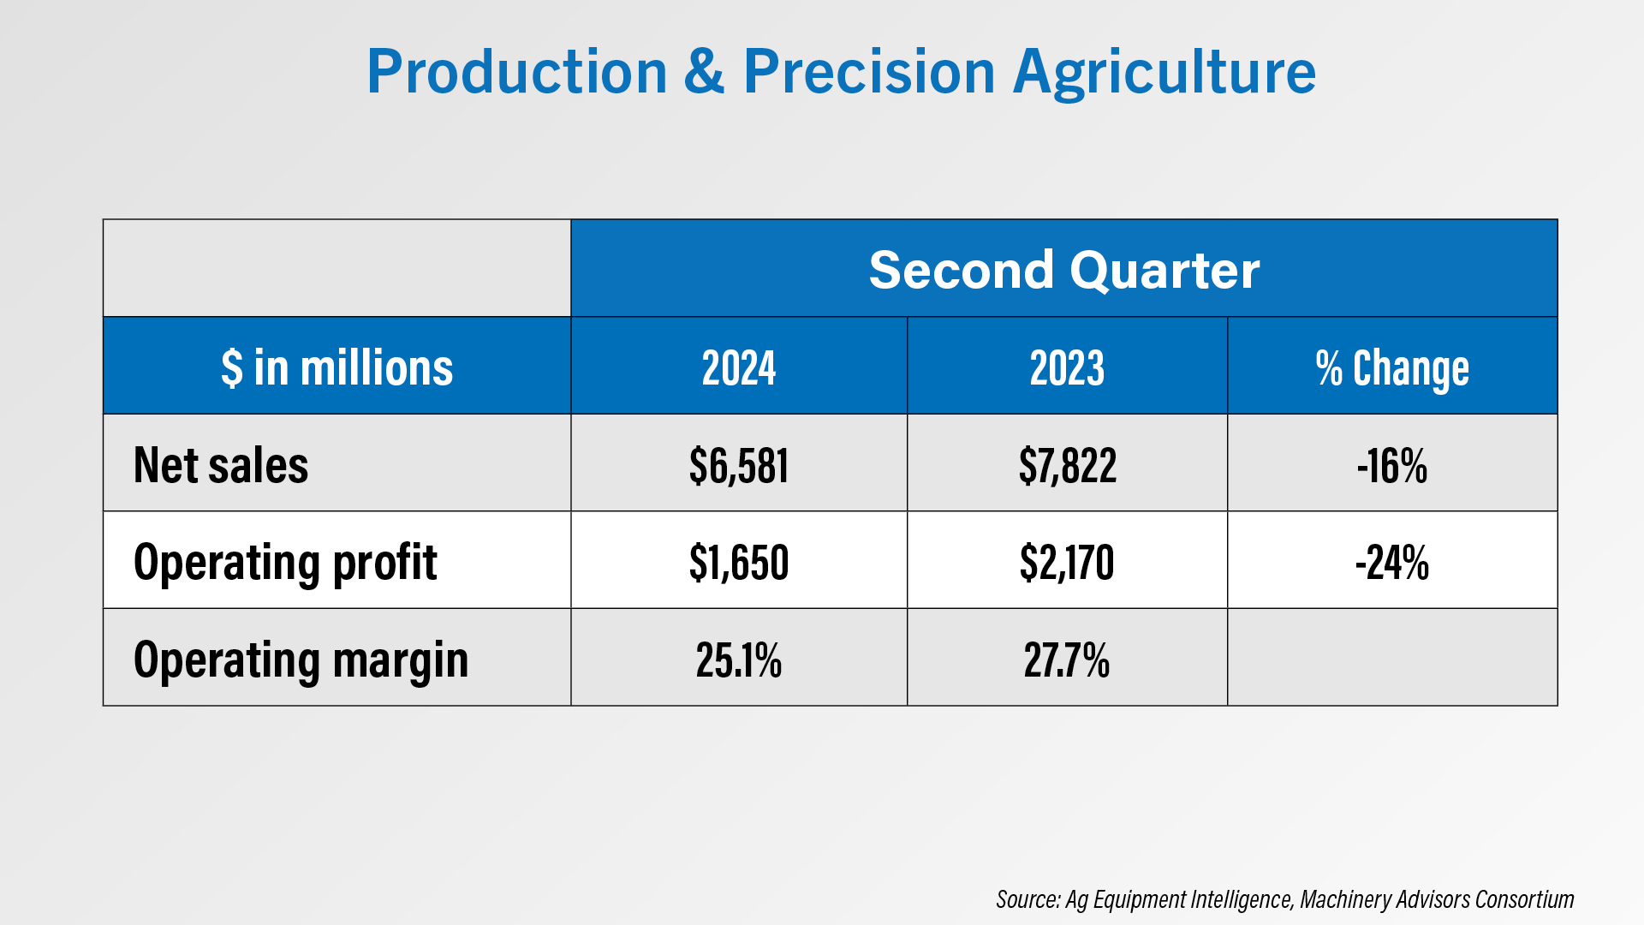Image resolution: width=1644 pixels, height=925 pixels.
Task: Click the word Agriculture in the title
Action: coord(1164,72)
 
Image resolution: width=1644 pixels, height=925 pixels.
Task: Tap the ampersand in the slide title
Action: coord(704,72)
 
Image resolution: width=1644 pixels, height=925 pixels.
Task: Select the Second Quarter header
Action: coord(1063,270)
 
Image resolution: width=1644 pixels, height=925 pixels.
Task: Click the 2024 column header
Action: coord(739,368)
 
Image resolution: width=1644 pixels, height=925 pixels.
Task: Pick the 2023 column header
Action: coord(1067,368)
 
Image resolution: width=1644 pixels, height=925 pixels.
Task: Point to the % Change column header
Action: coord(1392,368)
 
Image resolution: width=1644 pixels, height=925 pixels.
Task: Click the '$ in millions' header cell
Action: coord(337,368)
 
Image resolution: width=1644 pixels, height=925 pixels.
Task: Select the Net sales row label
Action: coord(221,465)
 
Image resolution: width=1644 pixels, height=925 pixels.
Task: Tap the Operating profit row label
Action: coord(285,563)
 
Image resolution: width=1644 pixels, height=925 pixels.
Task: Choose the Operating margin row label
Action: coord(301,660)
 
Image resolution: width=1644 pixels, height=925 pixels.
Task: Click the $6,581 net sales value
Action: coord(739,466)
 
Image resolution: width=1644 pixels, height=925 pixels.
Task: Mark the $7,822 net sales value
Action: coord(1067,466)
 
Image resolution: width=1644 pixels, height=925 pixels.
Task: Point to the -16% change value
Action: coord(1392,466)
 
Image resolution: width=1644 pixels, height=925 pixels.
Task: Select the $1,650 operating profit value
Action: coord(739,563)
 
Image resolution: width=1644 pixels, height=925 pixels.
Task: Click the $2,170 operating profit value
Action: coord(1067,563)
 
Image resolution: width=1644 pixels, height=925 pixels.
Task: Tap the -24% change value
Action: coord(1392,563)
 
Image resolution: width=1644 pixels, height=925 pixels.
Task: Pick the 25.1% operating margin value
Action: coord(739,660)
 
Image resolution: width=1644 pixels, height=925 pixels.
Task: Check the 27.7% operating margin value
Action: coord(1067,660)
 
